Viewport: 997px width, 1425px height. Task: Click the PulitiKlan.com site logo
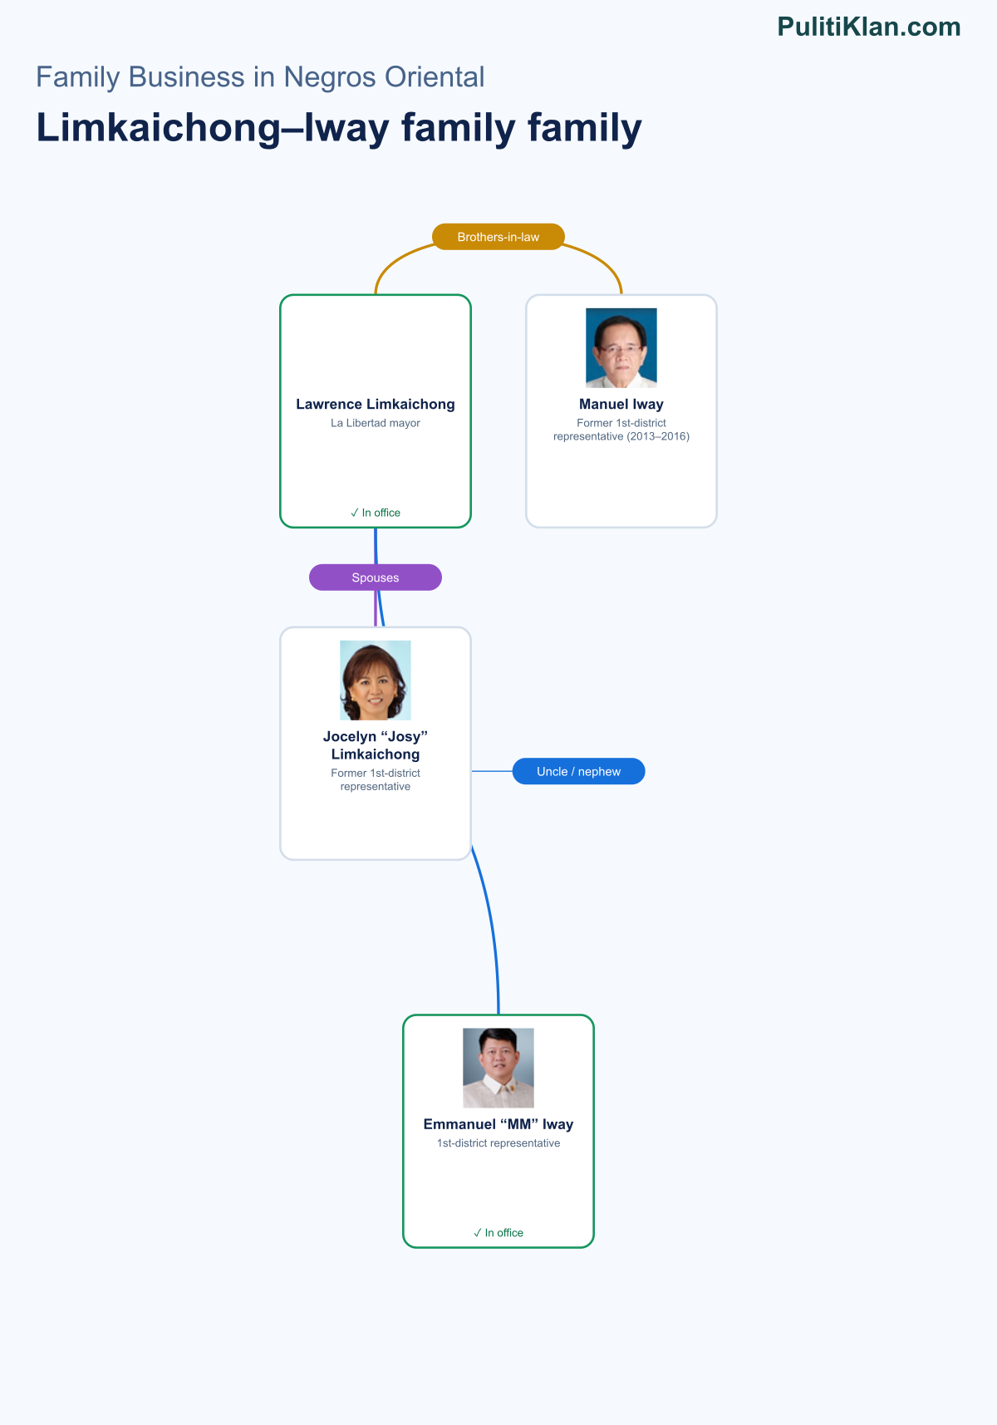point(869,27)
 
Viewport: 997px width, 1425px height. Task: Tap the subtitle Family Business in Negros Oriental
point(260,77)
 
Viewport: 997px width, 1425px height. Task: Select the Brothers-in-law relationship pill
point(498,237)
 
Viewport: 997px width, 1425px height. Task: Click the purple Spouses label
point(376,577)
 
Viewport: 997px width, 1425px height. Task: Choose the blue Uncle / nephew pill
point(578,771)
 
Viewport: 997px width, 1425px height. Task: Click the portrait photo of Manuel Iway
point(621,348)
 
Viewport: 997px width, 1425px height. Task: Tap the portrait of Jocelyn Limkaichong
point(376,681)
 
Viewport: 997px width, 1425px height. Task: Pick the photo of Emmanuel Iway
point(498,1068)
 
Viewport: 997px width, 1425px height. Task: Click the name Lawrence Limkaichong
point(376,405)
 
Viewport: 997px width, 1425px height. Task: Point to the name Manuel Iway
point(621,405)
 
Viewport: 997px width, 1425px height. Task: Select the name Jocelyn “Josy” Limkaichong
point(376,745)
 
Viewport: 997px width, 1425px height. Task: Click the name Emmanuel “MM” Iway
point(498,1124)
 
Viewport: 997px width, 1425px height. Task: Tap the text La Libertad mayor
point(376,423)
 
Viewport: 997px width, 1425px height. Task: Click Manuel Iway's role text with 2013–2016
point(621,430)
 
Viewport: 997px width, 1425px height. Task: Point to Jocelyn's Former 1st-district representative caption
point(376,779)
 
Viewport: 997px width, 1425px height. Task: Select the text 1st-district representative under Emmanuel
point(498,1143)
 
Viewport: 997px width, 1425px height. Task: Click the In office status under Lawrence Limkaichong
point(376,513)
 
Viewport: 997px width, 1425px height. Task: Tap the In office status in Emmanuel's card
point(498,1233)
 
